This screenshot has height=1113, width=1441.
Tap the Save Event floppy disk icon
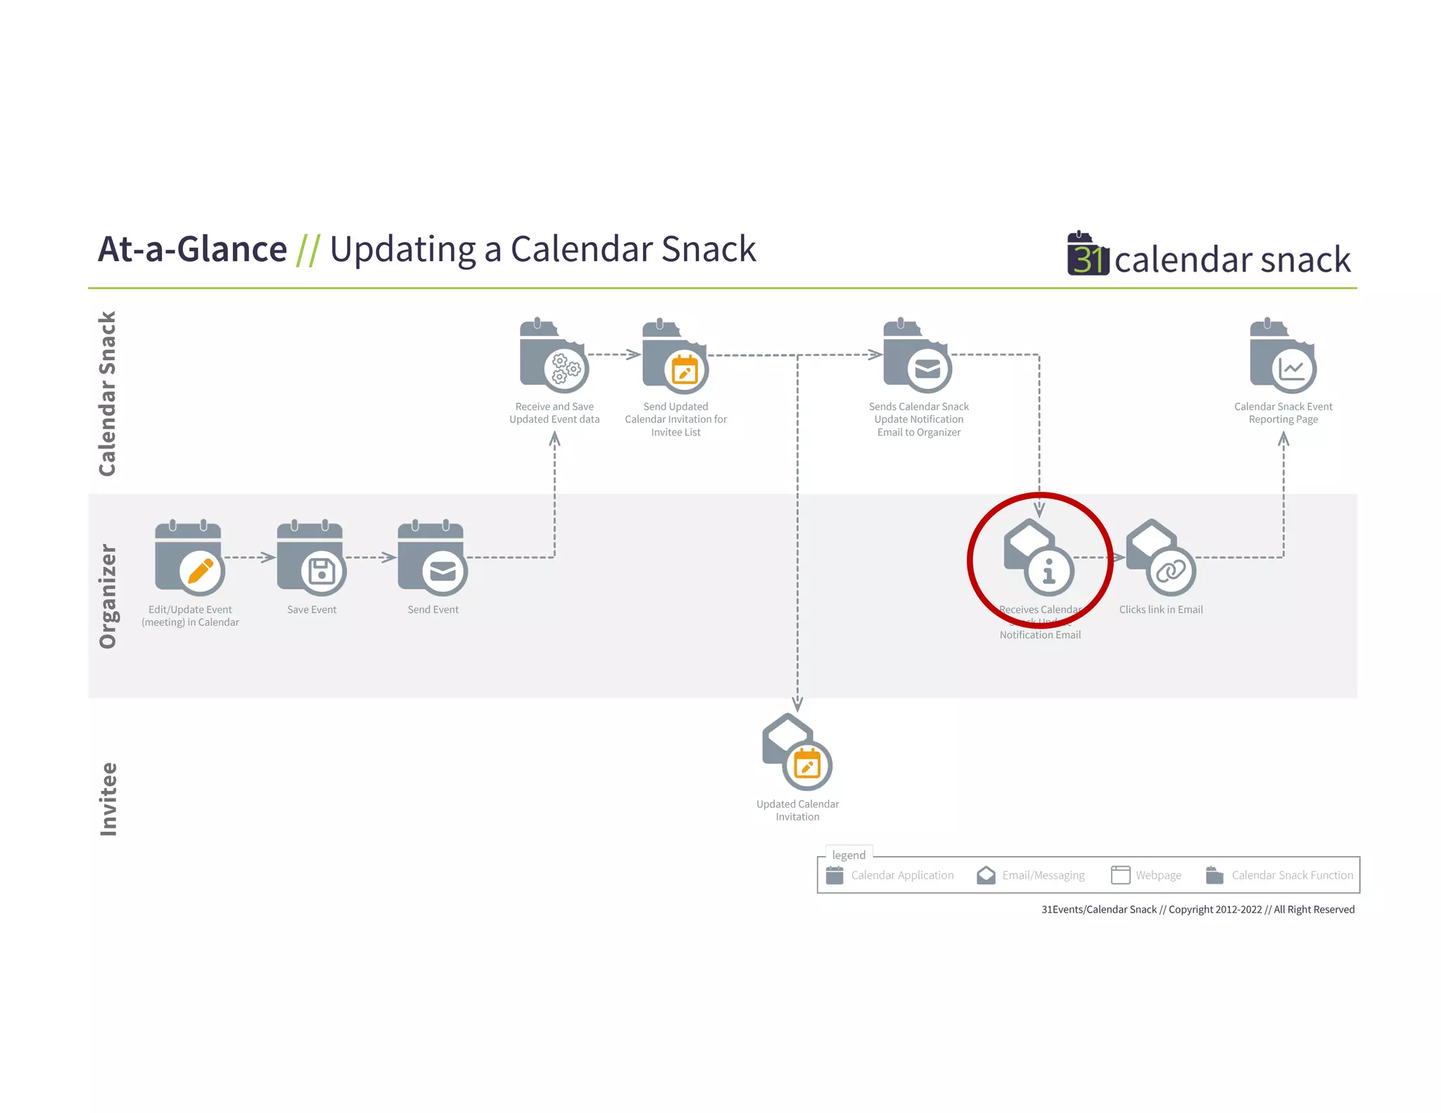(x=322, y=571)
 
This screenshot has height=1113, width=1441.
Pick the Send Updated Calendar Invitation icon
(x=675, y=355)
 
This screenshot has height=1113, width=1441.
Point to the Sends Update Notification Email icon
(x=918, y=355)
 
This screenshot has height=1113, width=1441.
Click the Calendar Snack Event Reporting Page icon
(x=1283, y=355)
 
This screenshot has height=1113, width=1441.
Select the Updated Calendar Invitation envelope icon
(x=797, y=752)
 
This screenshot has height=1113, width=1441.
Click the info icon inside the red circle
(x=1048, y=571)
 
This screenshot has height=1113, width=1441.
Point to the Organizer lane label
(x=108, y=596)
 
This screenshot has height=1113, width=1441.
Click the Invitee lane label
(x=108, y=799)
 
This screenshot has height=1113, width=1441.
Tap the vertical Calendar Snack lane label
(x=108, y=393)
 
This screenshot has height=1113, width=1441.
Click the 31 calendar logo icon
(x=1088, y=254)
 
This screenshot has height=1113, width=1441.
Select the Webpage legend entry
(x=1146, y=875)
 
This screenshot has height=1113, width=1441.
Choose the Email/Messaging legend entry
(x=1031, y=875)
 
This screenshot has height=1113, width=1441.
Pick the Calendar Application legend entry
(x=890, y=875)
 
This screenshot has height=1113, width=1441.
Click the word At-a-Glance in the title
(x=192, y=249)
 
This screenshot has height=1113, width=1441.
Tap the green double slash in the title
(x=308, y=250)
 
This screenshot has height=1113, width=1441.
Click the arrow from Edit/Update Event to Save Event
(x=250, y=558)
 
